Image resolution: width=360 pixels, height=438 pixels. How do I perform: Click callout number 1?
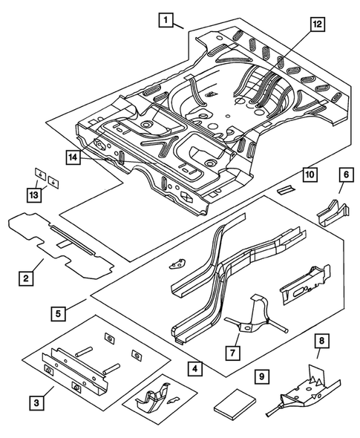click(x=167, y=21)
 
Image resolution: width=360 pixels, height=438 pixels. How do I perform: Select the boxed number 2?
click(x=26, y=278)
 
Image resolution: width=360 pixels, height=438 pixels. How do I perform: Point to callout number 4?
click(x=194, y=367)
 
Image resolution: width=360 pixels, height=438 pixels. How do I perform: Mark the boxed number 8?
click(x=321, y=344)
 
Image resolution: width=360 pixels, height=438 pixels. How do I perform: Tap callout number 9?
click(x=261, y=376)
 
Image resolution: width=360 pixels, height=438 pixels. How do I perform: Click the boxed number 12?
click(x=317, y=24)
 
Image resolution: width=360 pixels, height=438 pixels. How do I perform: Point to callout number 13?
click(x=32, y=195)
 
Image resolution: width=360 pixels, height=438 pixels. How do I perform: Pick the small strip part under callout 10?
click(x=286, y=189)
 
